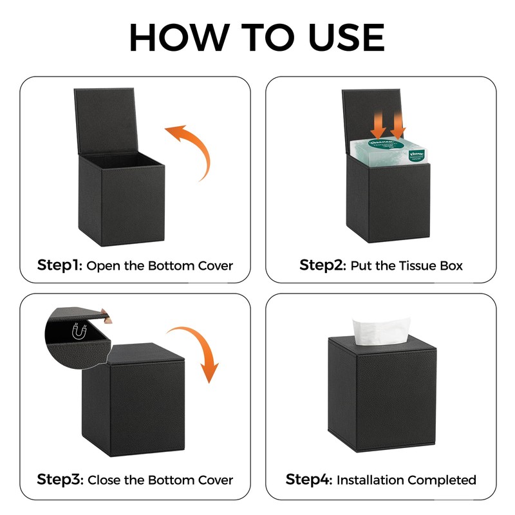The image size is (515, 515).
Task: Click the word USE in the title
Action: (347, 37)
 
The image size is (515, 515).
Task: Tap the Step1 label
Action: (59, 265)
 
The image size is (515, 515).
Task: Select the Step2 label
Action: (323, 265)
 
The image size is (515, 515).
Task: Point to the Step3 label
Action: (60, 480)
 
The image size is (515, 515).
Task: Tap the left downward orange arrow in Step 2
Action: (379, 124)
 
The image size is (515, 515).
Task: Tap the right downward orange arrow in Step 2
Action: (398, 124)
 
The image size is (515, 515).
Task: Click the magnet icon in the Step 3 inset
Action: (79, 331)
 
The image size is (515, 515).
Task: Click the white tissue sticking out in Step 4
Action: (381, 331)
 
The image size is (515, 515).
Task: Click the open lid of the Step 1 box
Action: (106, 120)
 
